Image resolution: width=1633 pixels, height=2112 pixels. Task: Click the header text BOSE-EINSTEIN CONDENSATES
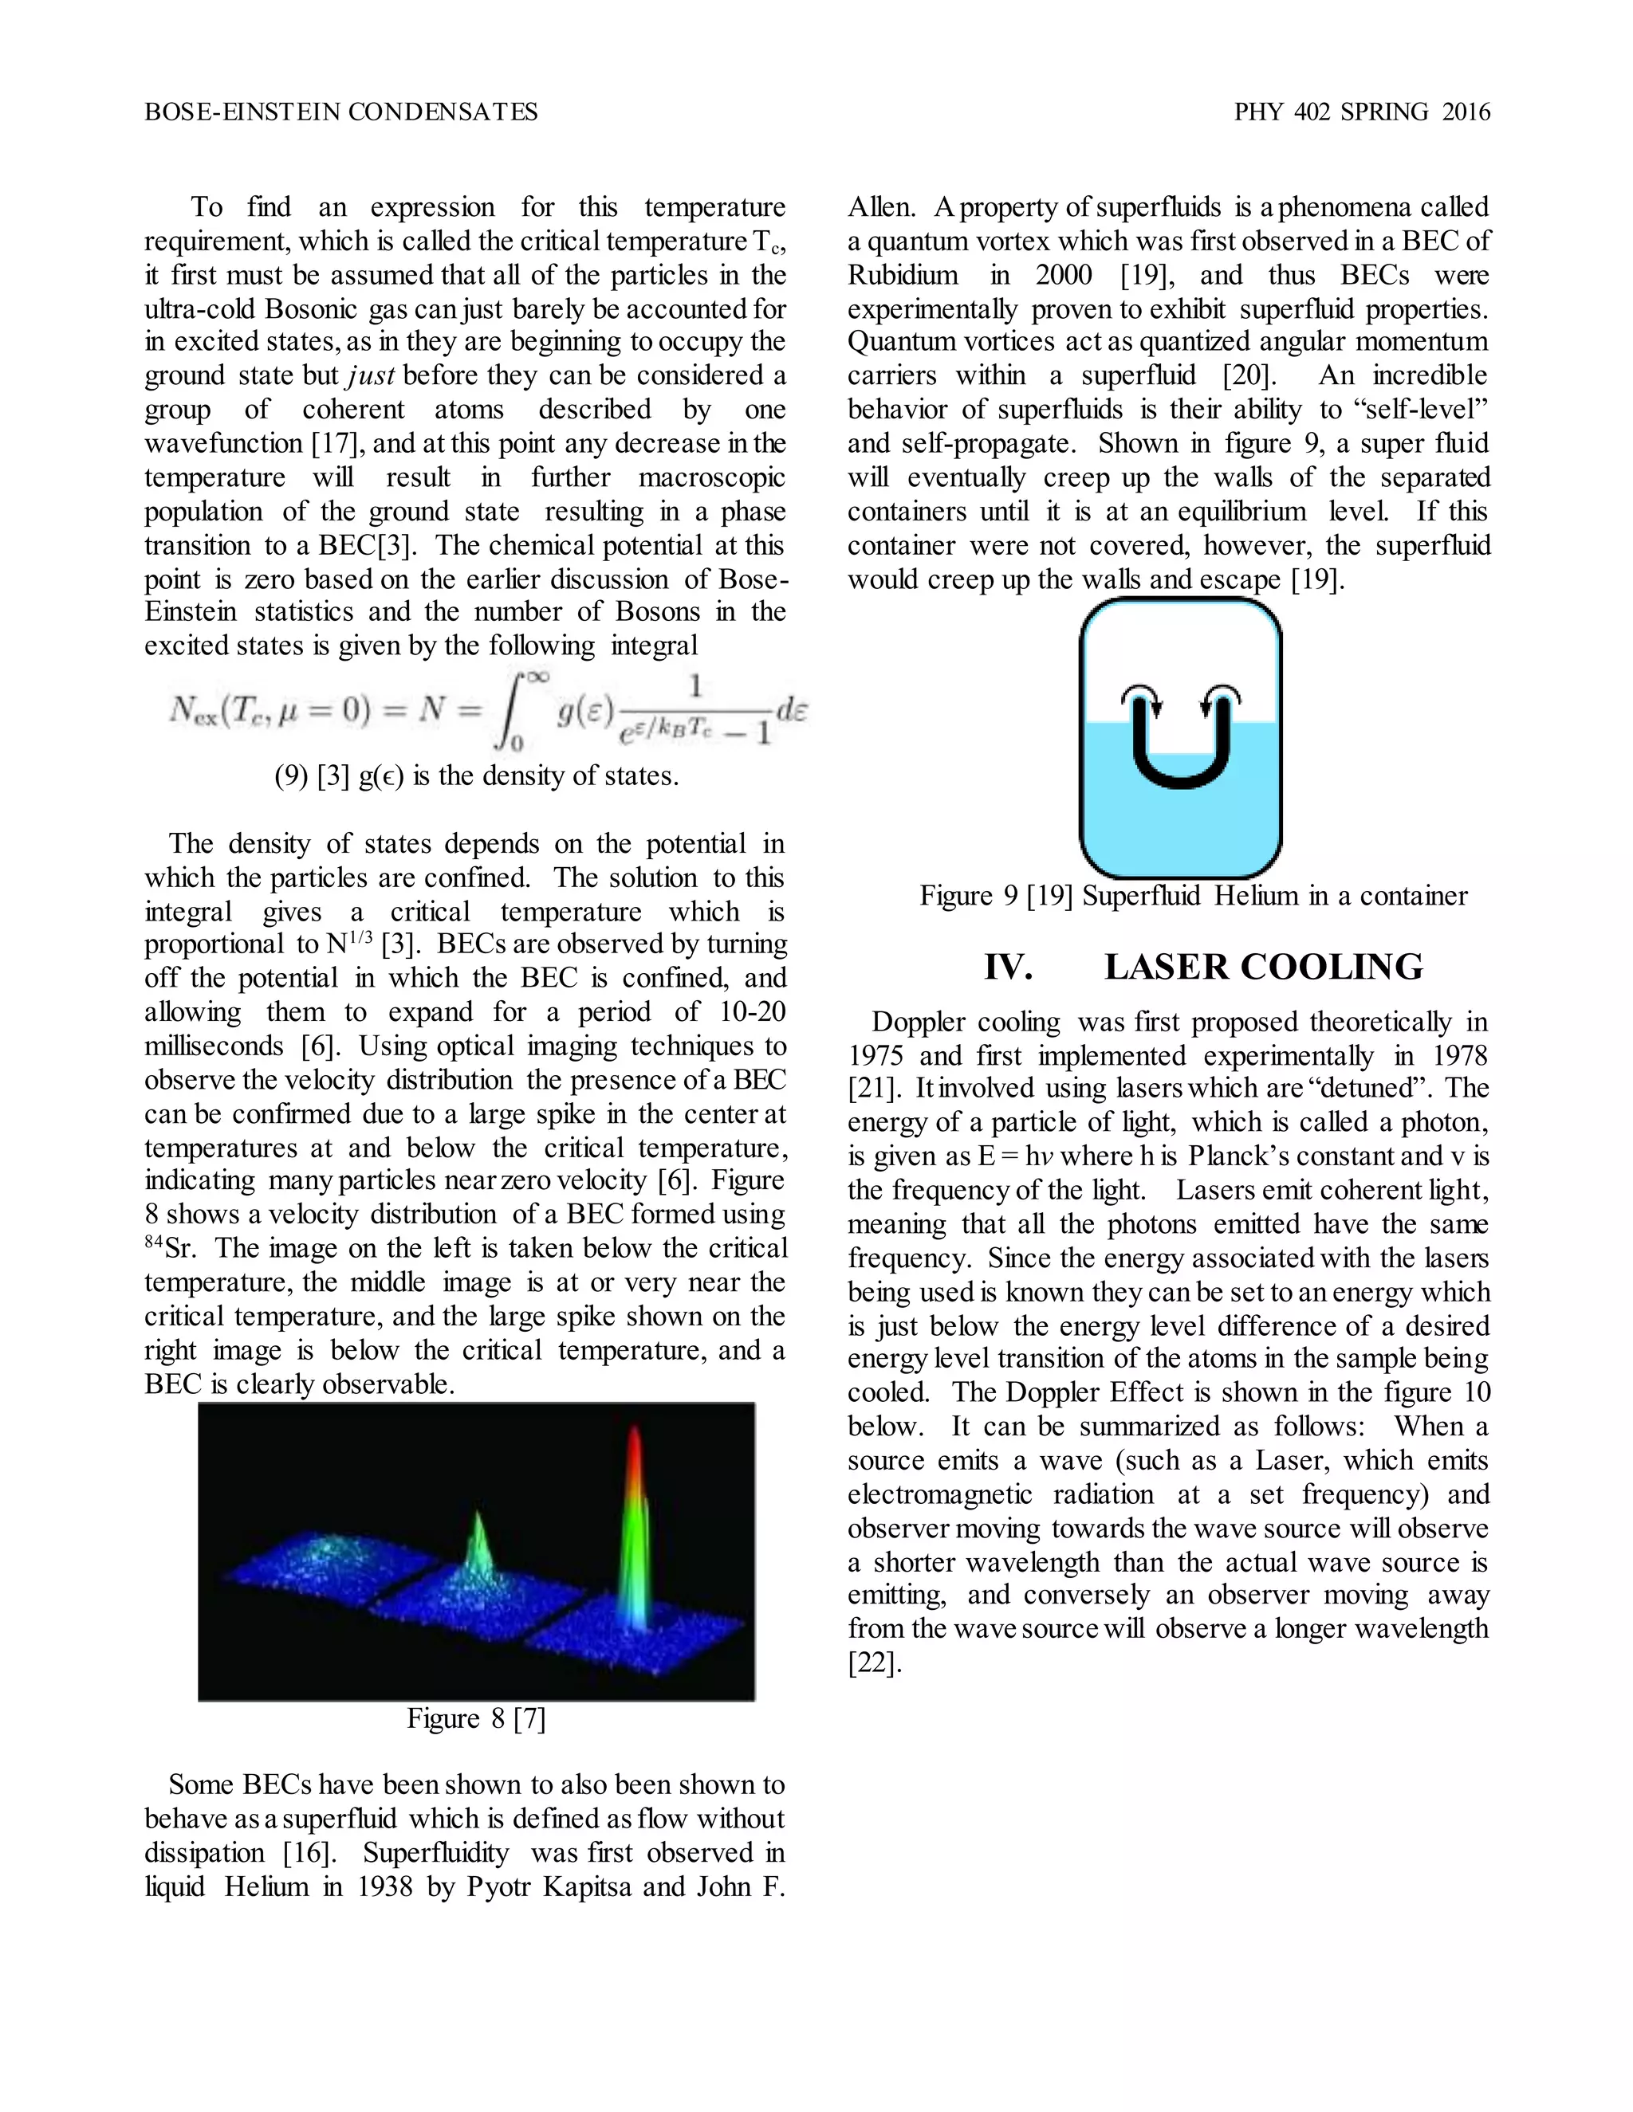[x=340, y=112]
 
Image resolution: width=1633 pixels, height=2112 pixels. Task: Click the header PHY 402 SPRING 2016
[x=1361, y=112]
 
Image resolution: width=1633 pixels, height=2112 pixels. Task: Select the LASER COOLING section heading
[x=1264, y=967]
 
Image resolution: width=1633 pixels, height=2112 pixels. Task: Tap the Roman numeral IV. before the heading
[x=1008, y=967]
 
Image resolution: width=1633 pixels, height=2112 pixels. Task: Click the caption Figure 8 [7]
[x=476, y=1718]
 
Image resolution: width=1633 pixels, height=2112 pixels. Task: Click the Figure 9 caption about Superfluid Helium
[x=1193, y=896]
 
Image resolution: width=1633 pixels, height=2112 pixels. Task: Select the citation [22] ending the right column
[x=874, y=1663]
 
